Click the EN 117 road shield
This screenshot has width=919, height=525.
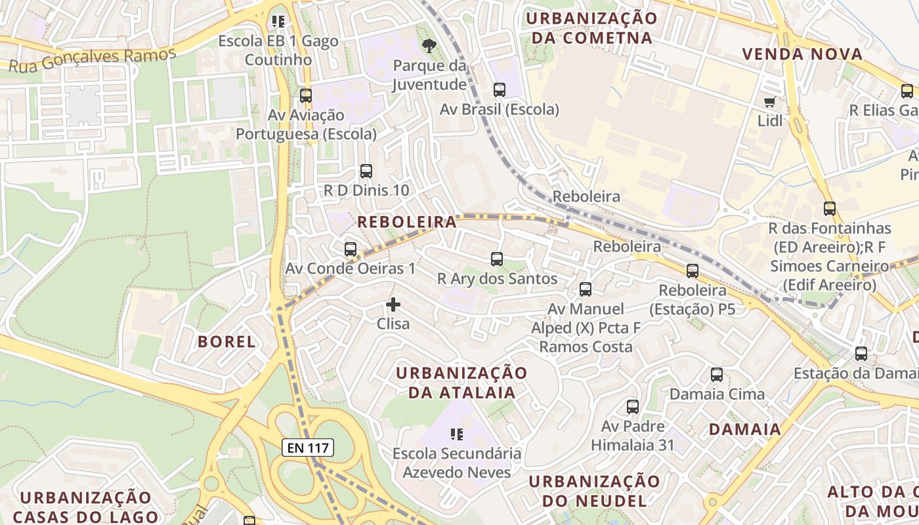(309, 448)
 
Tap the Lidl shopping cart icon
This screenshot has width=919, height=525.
(769, 102)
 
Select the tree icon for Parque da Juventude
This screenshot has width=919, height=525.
(429, 46)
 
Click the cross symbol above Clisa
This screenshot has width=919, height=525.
(393, 304)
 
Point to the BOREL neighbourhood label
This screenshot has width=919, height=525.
(226, 341)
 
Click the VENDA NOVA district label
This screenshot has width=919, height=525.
(802, 54)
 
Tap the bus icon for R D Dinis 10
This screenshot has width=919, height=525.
(366, 171)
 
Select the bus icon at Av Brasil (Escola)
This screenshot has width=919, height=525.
(500, 90)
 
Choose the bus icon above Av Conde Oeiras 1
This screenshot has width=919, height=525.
(351, 249)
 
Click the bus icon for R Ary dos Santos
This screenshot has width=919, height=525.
(497, 259)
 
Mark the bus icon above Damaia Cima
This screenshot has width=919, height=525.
(717, 375)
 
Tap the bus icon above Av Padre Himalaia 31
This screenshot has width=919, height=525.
(633, 407)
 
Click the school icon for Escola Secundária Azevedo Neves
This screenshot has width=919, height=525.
(457, 434)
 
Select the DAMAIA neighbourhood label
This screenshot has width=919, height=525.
(745, 430)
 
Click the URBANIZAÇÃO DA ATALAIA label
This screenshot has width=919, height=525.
(461, 383)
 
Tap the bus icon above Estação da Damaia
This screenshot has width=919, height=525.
(861, 354)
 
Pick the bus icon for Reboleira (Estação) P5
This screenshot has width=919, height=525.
(693, 271)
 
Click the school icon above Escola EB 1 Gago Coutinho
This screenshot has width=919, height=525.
(278, 22)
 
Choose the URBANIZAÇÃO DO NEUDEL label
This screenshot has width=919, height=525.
(594, 490)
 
